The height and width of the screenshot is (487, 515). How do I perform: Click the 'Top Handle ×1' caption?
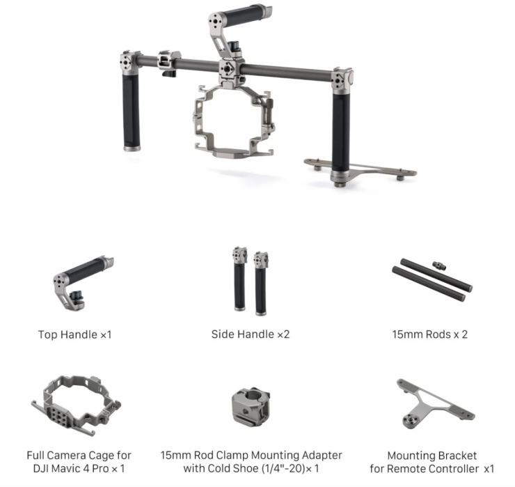(75, 334)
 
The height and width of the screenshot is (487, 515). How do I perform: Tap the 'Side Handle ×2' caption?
(251, 334)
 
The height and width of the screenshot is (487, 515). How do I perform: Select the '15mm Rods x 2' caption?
(429, 334)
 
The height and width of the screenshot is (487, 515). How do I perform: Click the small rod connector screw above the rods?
(439, 265)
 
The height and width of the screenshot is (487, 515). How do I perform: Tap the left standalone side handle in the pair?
(239, 279)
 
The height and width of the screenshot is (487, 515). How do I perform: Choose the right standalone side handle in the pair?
(261, 284)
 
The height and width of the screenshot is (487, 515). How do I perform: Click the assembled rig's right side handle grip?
(341, 132)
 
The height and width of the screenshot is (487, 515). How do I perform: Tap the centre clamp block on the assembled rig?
(231, 70)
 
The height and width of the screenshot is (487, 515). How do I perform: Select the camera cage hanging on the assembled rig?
(234, 122)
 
